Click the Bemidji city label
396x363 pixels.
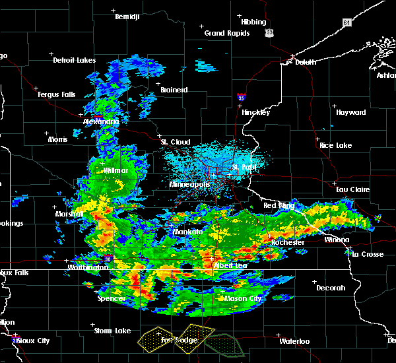[128, 16]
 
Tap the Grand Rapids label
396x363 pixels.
[226, 33]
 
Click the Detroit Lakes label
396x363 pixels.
[74, 60]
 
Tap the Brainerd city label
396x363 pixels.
[174, 90]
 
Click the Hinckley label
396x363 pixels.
[256, 112]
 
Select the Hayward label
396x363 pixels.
[350, 112]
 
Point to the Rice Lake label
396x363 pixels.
[335, 145]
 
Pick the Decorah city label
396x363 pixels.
[330, 288]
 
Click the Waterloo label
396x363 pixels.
[294, 341]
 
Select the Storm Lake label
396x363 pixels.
[112, 331]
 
